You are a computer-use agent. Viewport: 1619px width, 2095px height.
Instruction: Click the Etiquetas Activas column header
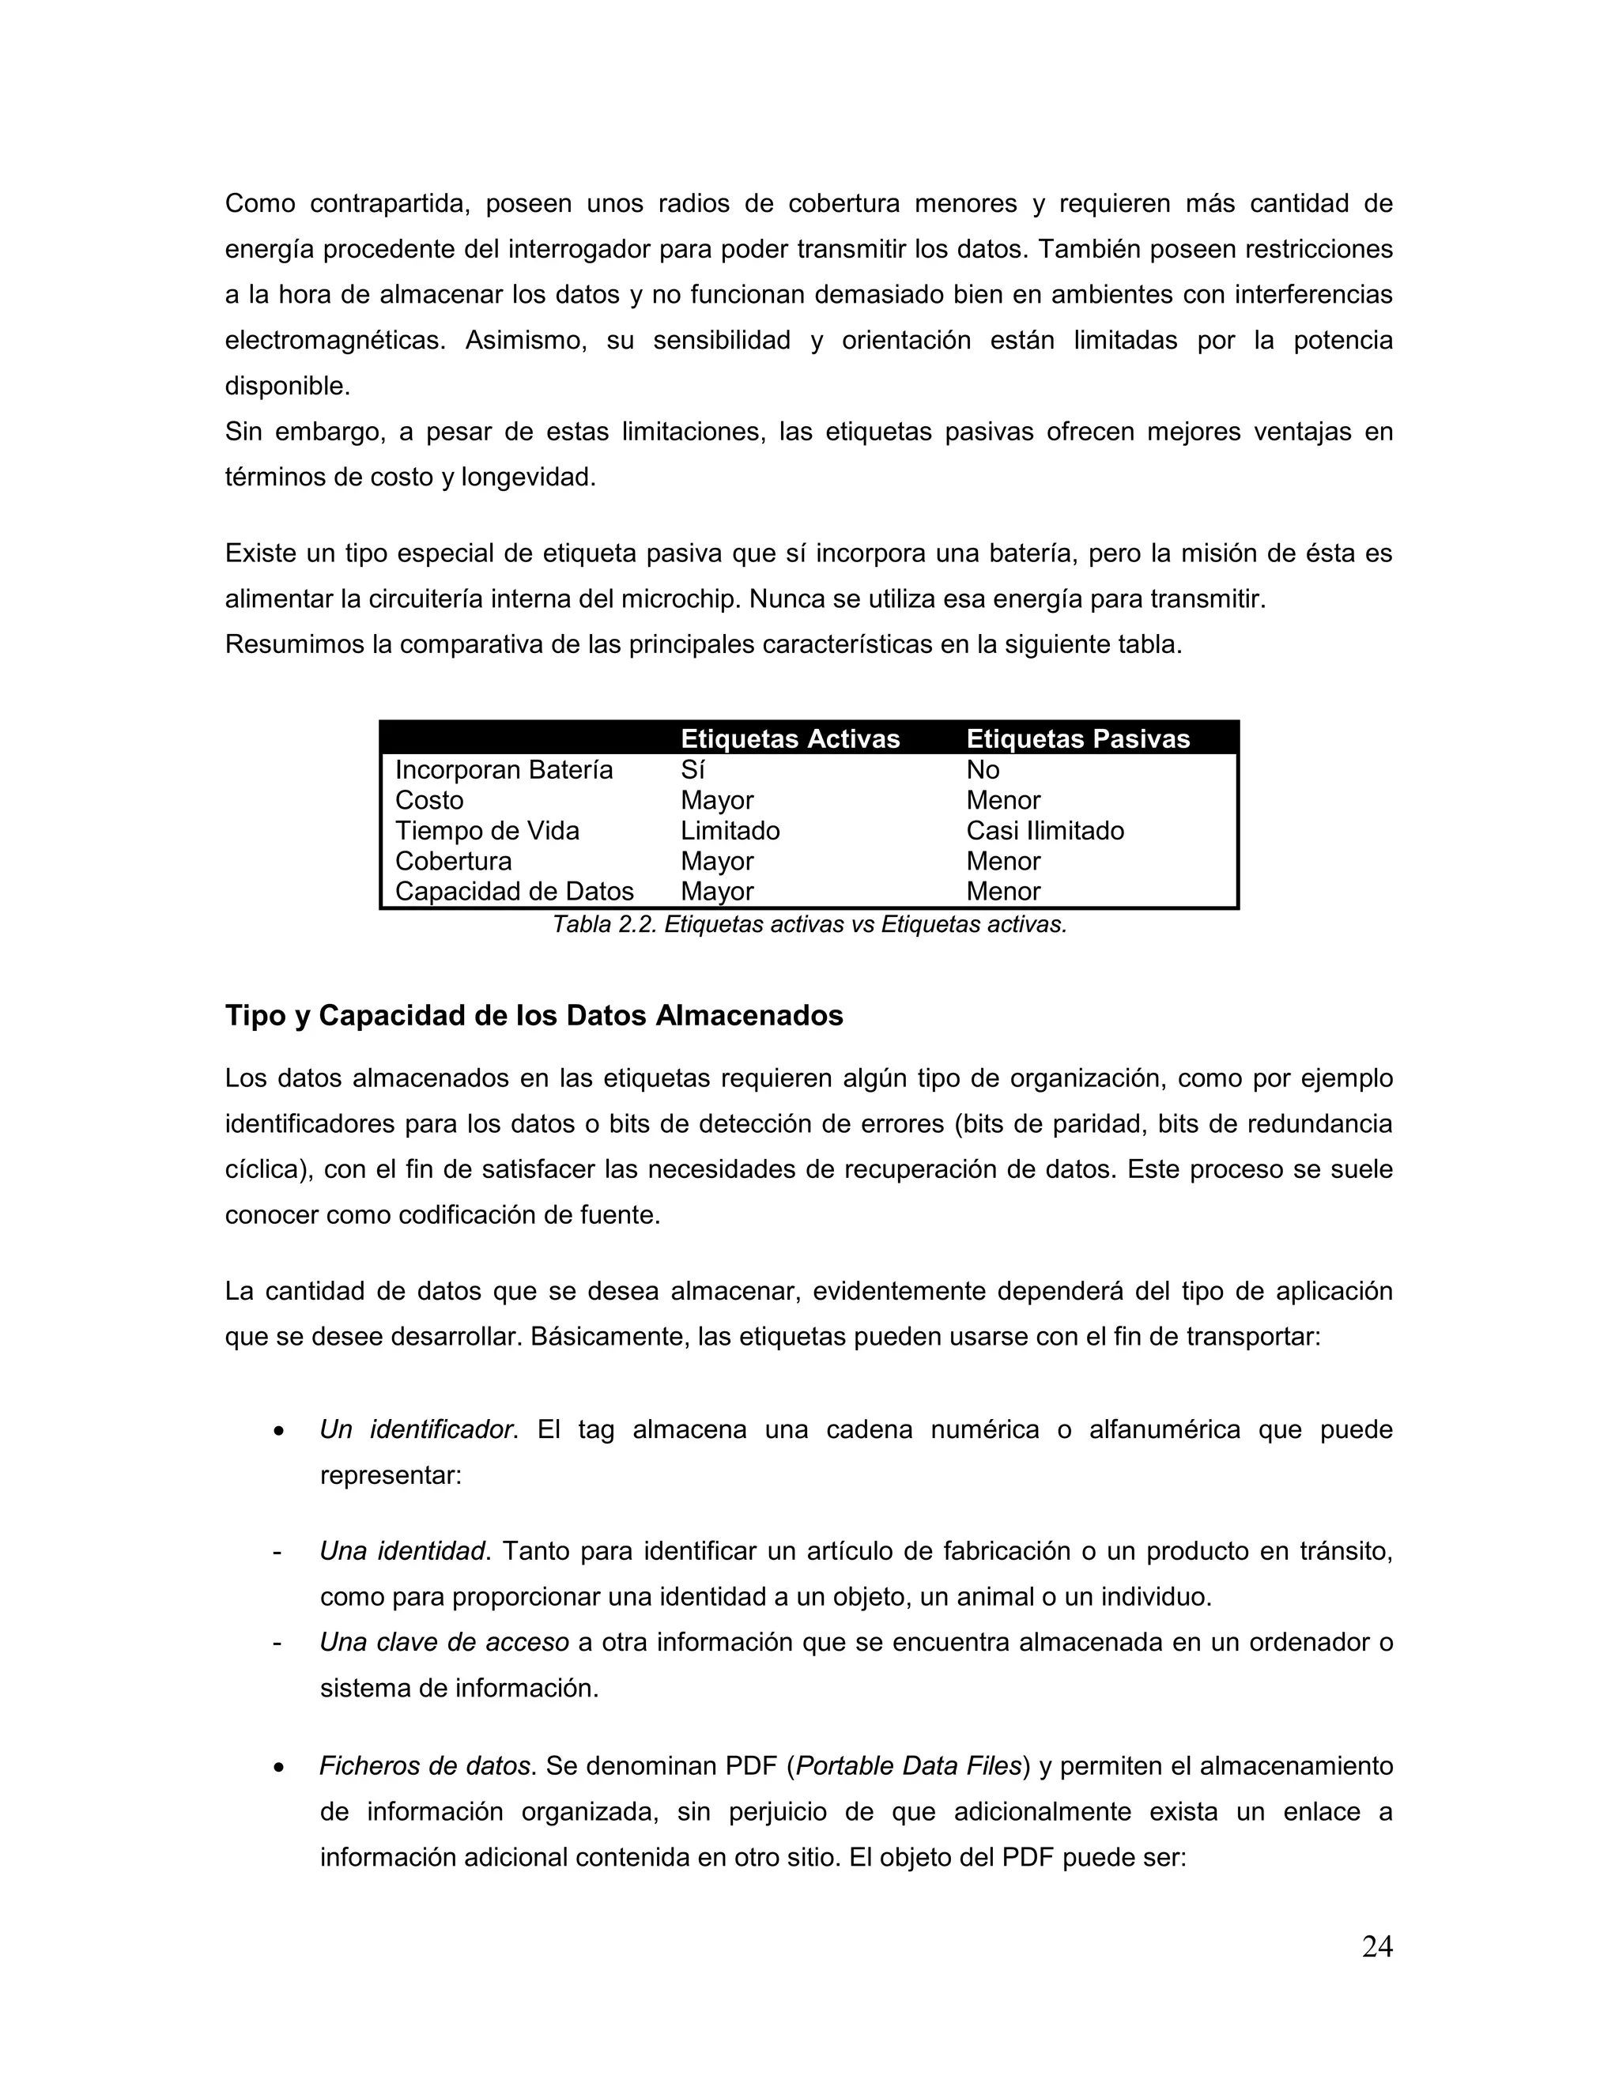[x=790, y=738]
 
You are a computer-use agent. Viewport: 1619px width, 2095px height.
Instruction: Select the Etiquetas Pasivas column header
[x=1077, y=738]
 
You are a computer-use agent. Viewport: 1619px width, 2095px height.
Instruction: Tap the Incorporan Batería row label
[x=504, y=769]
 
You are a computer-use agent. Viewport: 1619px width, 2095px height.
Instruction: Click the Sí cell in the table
[x=693, y=769]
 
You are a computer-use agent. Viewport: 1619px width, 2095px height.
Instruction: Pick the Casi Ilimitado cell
[x=1044, y=831]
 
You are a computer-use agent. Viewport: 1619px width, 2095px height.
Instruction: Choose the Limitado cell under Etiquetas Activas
[x=730, y=831]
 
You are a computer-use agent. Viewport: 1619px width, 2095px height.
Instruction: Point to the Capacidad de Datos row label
[x=514, y=891]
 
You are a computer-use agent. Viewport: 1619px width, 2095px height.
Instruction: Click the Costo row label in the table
[x=428, y=800]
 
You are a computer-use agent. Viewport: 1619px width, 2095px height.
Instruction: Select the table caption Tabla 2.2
[x=809, y=925]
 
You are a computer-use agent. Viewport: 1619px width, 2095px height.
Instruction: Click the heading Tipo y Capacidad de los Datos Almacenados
[x=534, y=1015]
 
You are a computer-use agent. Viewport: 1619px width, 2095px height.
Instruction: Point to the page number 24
[x=1376, y=1946]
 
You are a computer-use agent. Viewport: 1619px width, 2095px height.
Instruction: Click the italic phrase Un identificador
[x=418, y=1429]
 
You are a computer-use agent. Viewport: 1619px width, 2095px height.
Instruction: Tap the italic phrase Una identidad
[x=402, y=1550]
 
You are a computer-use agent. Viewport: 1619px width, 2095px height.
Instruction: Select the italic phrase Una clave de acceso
[x=444, y=1642]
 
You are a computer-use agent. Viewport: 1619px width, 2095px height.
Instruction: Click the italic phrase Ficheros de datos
[x=425, y=1765]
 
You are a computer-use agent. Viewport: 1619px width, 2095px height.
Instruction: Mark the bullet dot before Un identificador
[x=278, y=1431]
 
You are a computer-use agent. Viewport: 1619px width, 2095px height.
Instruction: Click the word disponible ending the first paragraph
[x=287, y=386]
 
